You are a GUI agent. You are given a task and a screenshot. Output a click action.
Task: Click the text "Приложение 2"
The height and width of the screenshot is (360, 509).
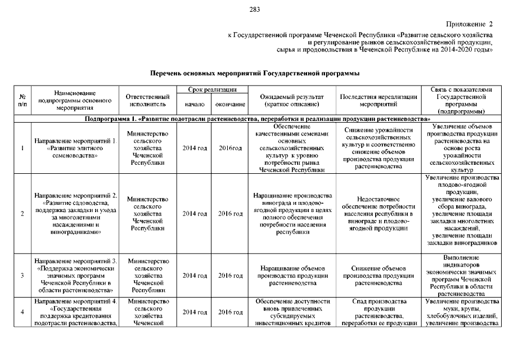[x=469, y=24]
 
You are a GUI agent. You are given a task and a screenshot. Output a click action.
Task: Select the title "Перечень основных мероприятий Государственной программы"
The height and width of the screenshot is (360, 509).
[x=254, y=74]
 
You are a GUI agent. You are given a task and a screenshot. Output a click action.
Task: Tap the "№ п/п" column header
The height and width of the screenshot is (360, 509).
[x=22, y=100]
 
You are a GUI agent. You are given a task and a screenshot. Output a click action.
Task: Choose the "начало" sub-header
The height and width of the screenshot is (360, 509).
[x=195, y=104]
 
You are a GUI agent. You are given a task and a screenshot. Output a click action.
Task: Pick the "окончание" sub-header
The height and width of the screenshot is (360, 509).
[x=230, y=104]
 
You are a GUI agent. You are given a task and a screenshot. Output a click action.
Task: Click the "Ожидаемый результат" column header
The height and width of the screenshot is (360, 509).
[x=291, y=100]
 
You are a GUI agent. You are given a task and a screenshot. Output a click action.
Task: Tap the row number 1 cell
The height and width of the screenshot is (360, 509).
[x=22, y=148]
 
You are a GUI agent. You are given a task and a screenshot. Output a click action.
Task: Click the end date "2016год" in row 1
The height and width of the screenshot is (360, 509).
[x=230, y=148]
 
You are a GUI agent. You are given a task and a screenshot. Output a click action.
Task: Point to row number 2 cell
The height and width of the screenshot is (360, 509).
[x=22, y=214]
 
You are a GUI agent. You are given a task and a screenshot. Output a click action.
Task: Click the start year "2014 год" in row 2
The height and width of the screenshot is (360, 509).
[x=195, y=214]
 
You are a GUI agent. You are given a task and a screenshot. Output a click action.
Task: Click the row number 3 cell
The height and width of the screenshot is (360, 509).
[x=22, y=276]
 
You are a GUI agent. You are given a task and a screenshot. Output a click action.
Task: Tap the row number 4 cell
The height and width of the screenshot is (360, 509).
[x=22, y=312]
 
